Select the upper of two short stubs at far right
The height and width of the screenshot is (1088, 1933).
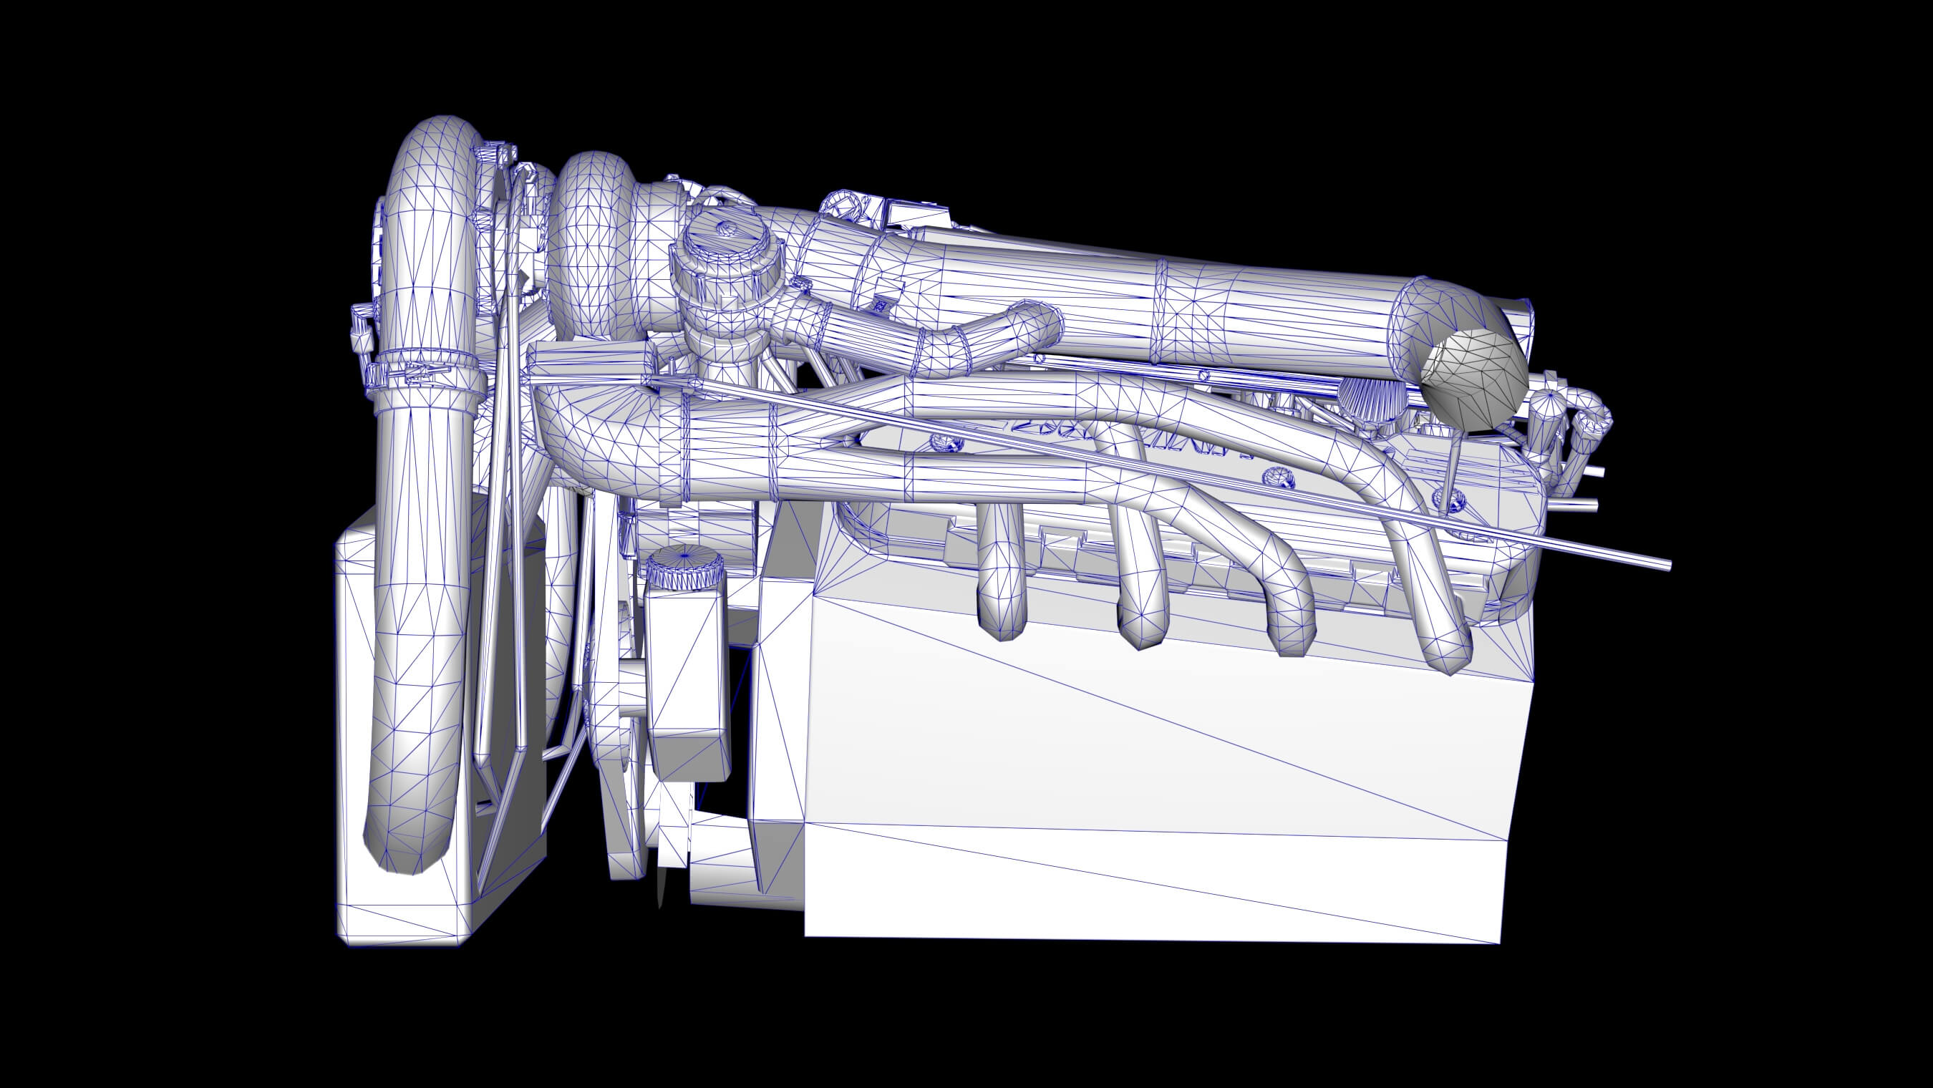[x=1591, y=471]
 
